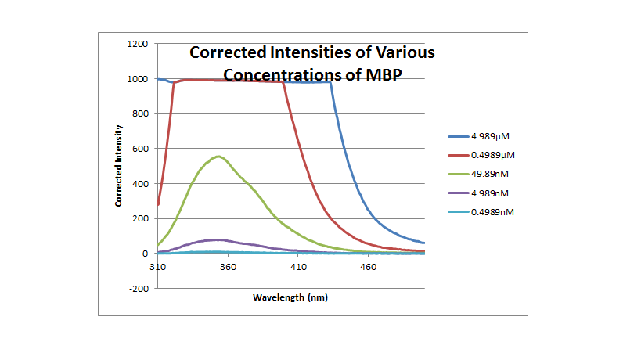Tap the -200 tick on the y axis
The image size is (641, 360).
pos(139,289)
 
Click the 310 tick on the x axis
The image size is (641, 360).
pos(158,267)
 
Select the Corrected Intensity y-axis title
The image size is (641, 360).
pos(119,165)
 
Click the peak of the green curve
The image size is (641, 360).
pos(219,157)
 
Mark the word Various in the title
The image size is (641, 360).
pos(401,54)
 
